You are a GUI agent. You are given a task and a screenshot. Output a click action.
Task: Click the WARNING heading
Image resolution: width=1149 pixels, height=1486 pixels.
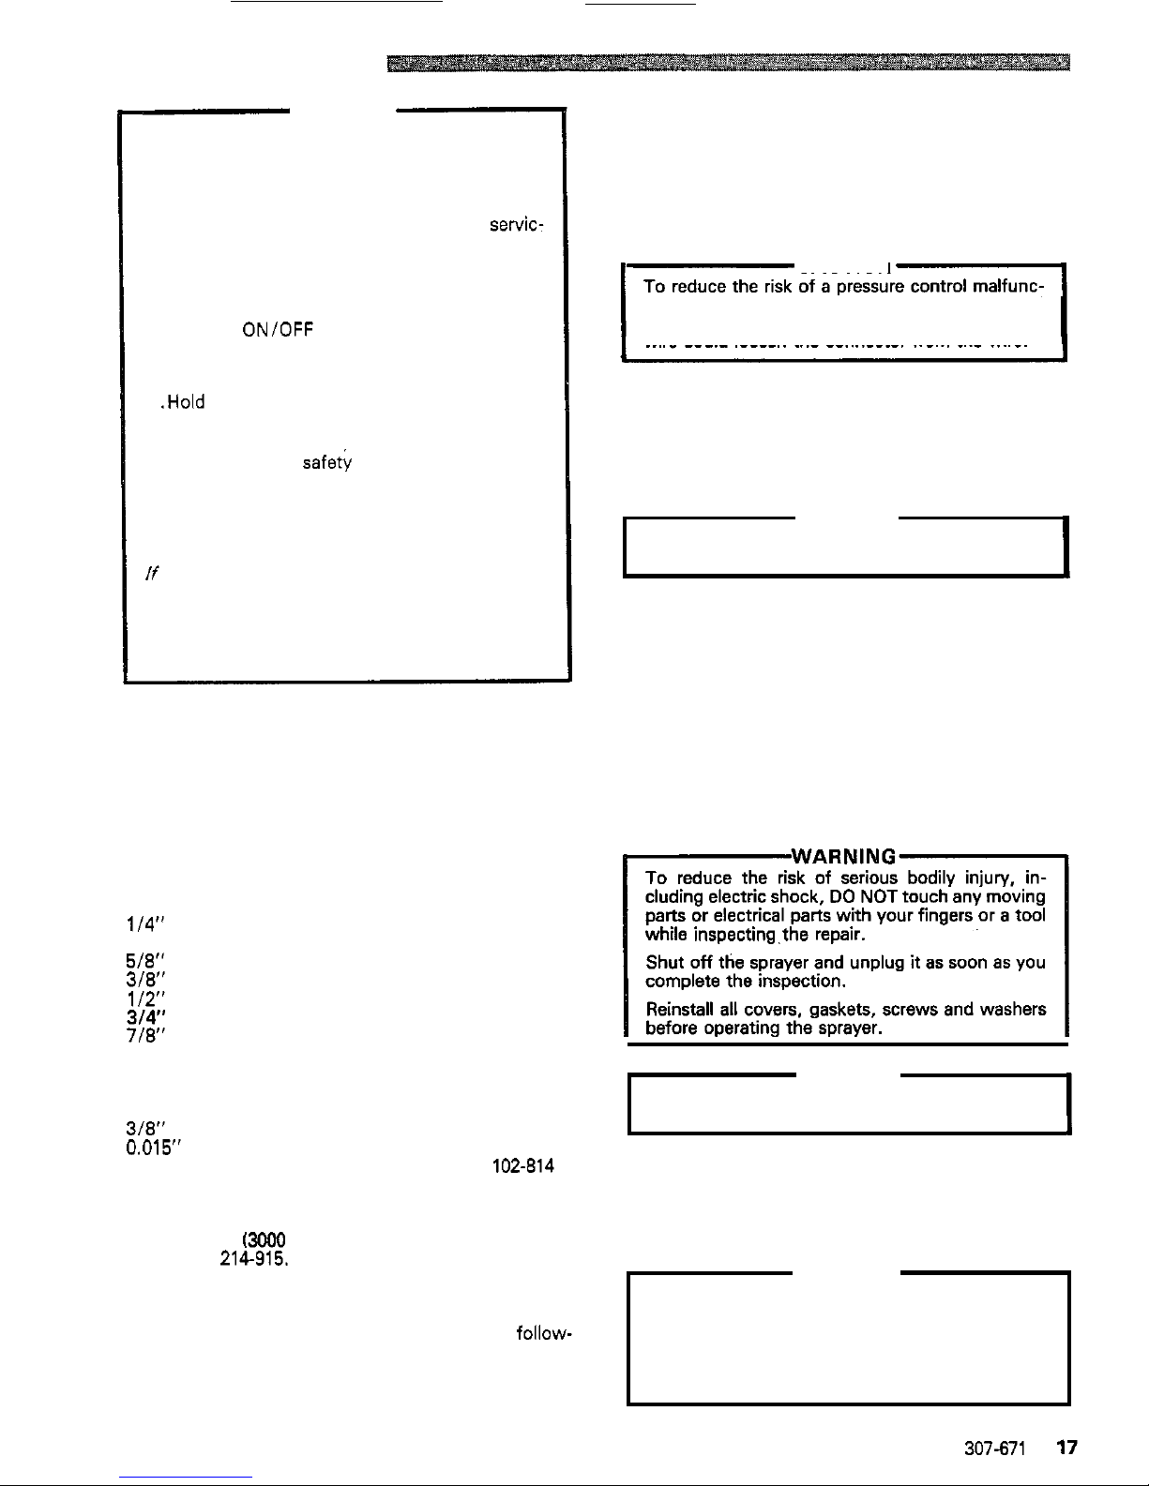click(843, 856)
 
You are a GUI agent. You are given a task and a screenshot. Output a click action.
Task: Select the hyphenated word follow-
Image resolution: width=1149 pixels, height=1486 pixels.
click(545, 1332)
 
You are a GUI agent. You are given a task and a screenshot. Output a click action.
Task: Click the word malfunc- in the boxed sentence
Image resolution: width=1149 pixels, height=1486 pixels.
click(1007, 287)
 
